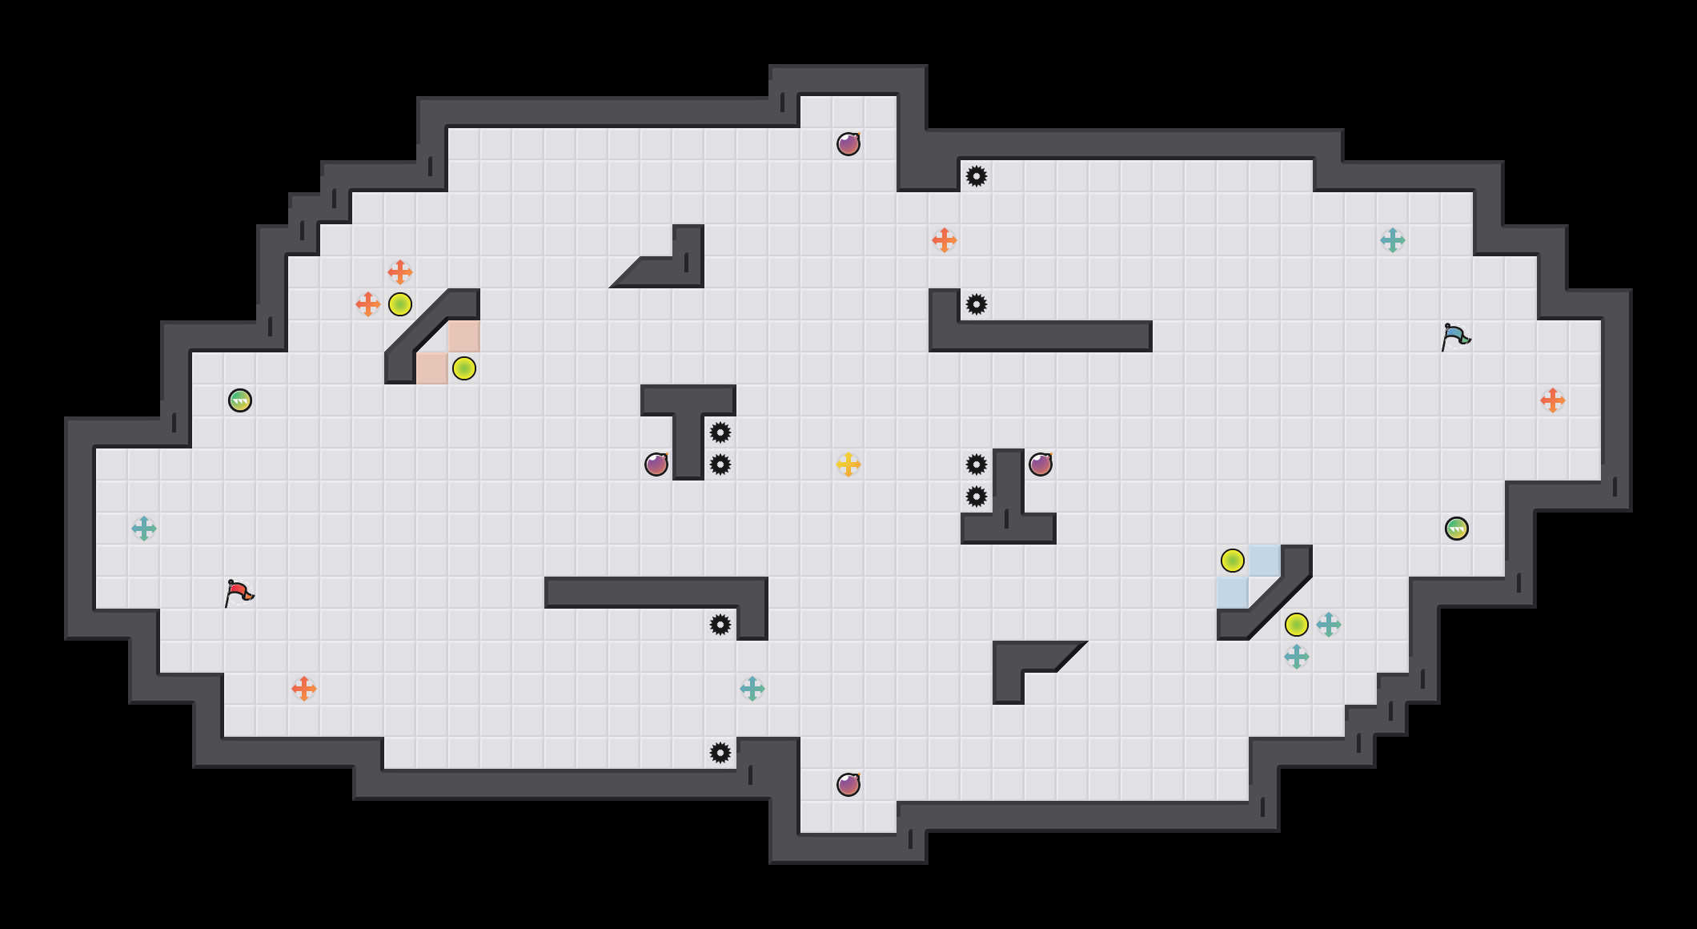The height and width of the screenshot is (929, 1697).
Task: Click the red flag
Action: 239,593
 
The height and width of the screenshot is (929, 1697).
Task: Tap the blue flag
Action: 1455,337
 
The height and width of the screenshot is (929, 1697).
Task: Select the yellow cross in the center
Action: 848,464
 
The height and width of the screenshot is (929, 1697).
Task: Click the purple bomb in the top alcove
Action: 848,144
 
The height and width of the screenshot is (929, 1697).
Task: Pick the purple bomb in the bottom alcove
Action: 848,785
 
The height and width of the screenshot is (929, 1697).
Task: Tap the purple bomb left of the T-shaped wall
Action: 656,464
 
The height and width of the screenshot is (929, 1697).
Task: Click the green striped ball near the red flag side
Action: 240,400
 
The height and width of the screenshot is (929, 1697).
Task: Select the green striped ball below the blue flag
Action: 1457,529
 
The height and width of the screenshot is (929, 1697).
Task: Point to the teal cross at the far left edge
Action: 144,529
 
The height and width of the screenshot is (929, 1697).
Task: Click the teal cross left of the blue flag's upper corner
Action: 1393,240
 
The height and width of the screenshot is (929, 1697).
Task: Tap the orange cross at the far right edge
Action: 1553,400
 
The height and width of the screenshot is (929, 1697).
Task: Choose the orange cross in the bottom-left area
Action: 304,689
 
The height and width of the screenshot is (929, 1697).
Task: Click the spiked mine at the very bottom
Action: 720,753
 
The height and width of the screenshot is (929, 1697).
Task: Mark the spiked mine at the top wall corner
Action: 977,176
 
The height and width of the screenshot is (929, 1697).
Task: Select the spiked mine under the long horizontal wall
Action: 720,625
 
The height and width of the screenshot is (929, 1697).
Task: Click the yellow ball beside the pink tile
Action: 464,368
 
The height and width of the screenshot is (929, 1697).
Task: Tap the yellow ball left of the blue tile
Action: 1233,561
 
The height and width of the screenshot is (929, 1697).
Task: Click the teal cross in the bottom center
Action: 752,689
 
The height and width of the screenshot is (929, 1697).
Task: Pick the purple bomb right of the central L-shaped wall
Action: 1041,464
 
